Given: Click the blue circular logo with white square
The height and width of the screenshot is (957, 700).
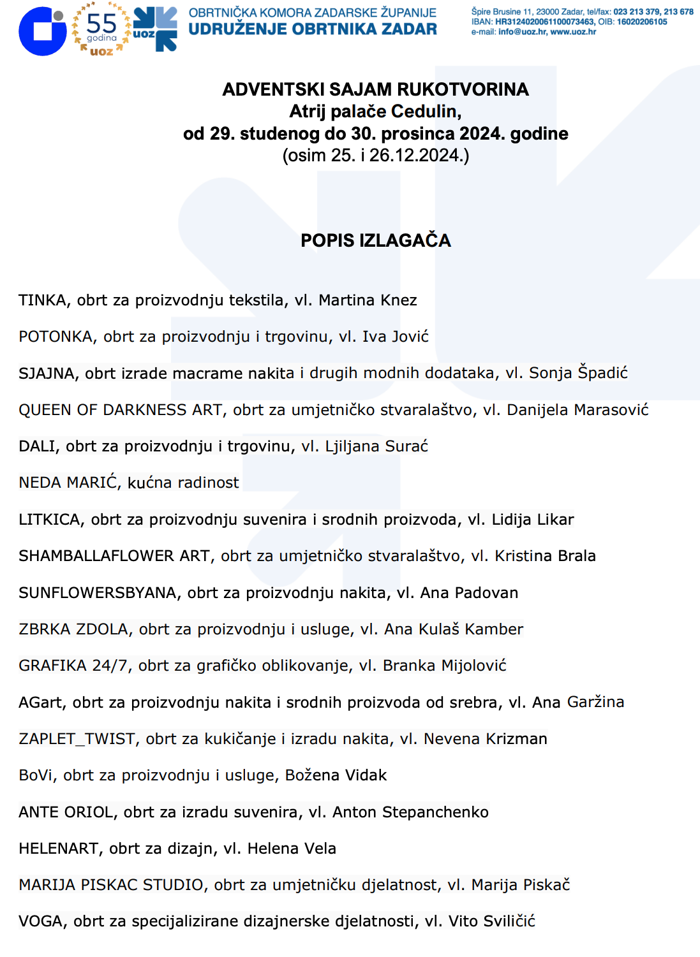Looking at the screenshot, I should [43, 31].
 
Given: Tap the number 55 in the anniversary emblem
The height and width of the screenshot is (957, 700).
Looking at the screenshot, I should [101, 24].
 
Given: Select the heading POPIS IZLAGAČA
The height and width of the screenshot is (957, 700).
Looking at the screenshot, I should [376, 240].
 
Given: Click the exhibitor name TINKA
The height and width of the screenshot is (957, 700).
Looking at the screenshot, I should [43, 300].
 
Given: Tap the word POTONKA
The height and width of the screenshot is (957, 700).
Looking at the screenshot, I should [56, 337].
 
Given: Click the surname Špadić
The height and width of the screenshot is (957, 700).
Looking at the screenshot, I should [603, 373].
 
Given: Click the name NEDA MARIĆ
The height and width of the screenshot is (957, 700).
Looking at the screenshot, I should [68, 483].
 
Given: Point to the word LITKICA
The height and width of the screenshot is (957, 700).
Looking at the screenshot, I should [51, 520].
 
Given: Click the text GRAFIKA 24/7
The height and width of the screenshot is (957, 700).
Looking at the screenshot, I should [74, 666].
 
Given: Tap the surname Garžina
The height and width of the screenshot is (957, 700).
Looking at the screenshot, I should [595, 702].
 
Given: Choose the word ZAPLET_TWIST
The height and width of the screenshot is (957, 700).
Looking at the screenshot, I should [77, 739].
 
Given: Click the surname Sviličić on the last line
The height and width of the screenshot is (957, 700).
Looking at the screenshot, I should [509, 921].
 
